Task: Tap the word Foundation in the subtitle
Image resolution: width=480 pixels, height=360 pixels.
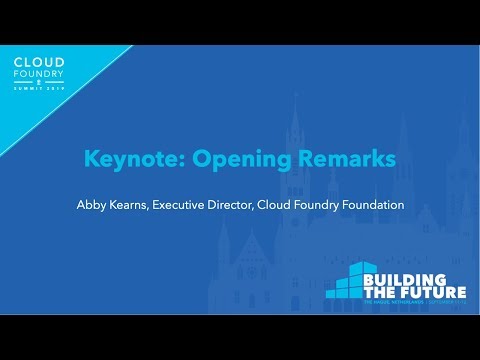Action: point(369,205)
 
